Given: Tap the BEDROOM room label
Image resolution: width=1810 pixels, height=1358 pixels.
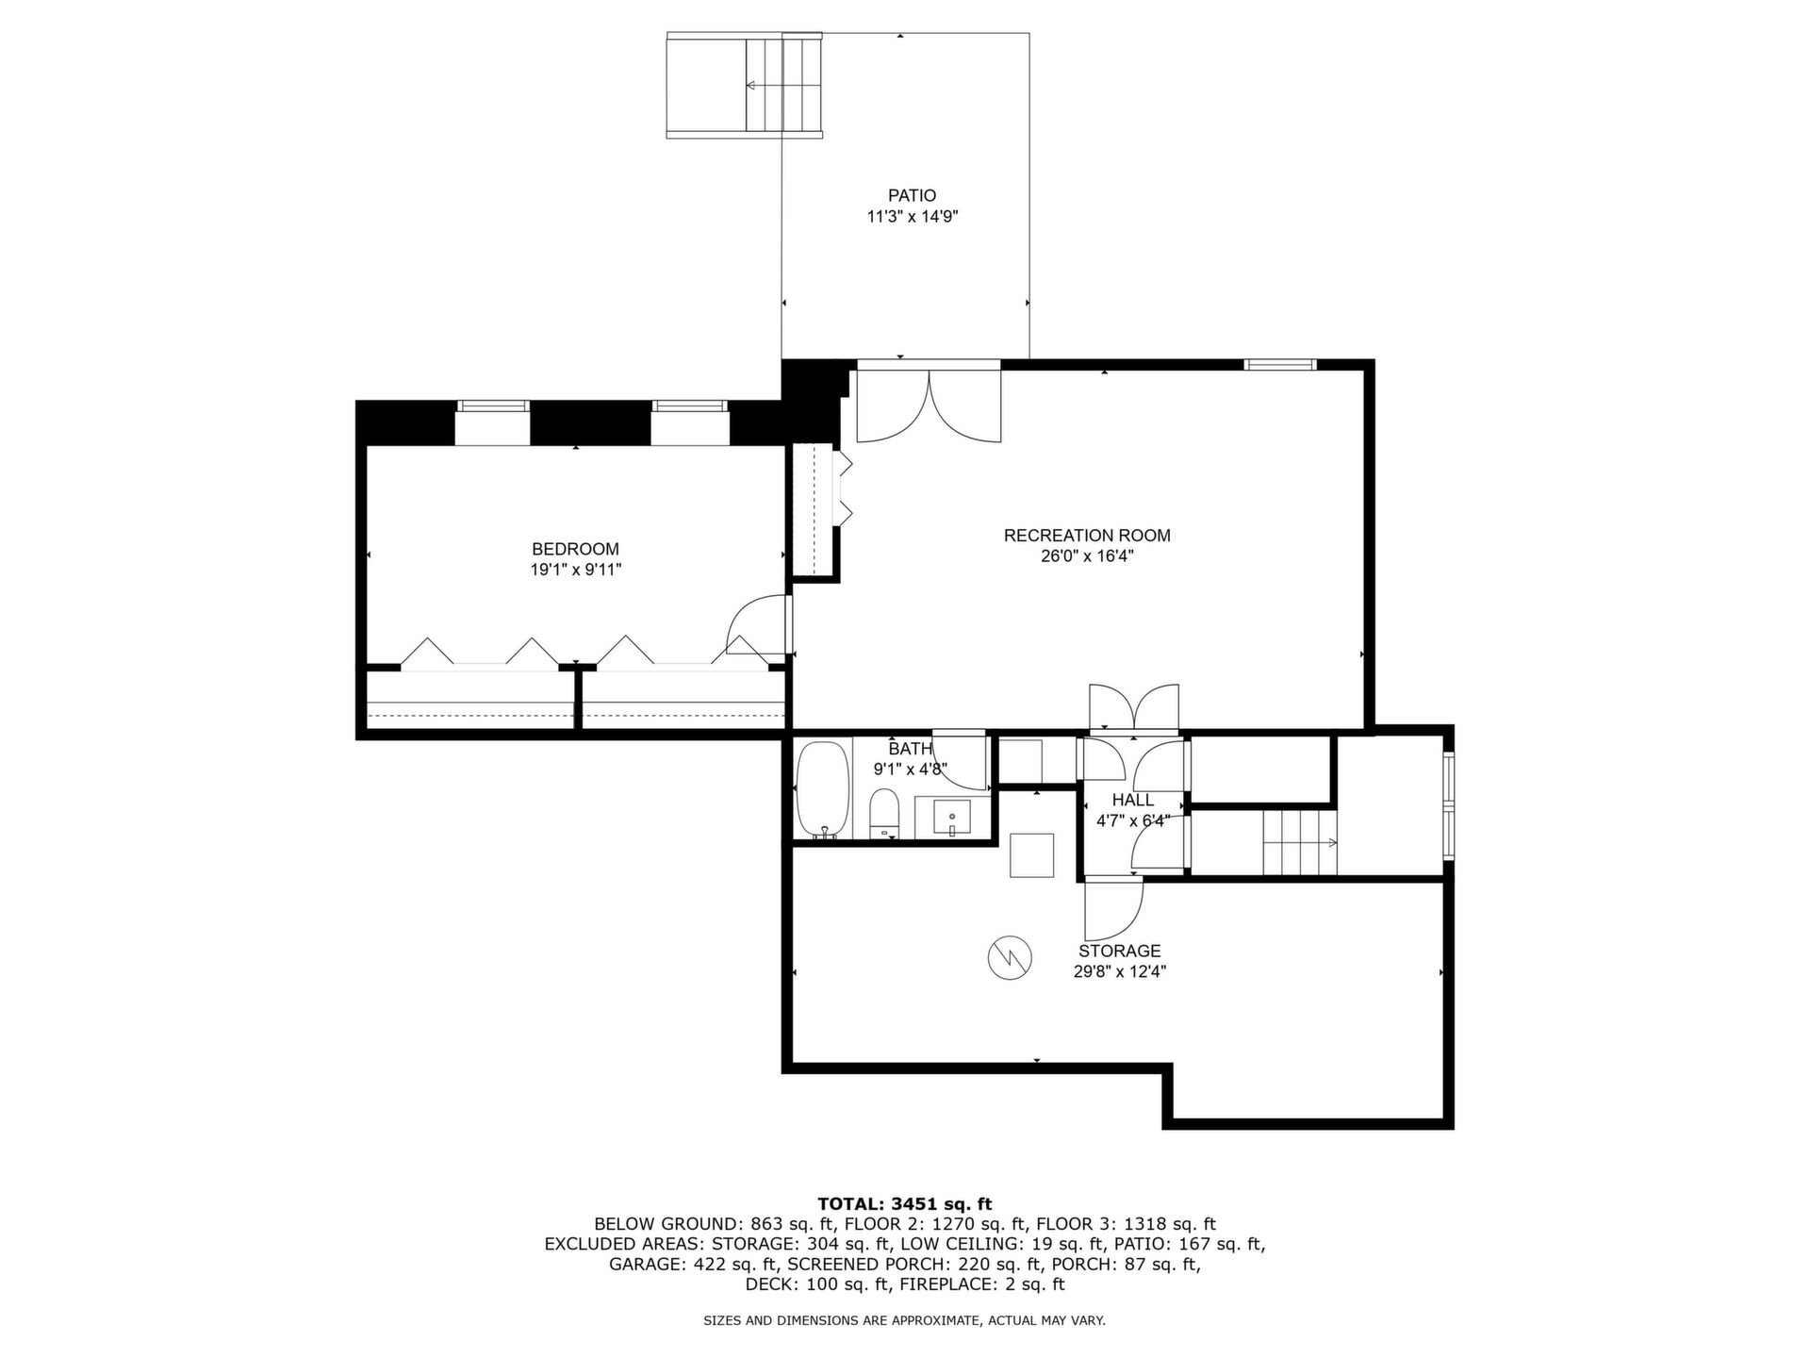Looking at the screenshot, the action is coord(575,549).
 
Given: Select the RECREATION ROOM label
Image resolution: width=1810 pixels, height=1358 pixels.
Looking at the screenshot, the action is coord(1087,536).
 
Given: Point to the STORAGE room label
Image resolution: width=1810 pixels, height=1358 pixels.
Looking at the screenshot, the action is coord(1120,951).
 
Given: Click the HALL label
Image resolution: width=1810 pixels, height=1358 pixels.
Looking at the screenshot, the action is coord(1133,800).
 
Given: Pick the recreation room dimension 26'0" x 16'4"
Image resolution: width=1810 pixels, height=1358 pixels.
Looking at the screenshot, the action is coord(1087,556).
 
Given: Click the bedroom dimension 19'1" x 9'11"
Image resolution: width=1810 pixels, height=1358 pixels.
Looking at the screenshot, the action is coord(575,570).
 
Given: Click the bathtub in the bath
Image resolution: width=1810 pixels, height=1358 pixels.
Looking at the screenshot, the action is coord(824,789).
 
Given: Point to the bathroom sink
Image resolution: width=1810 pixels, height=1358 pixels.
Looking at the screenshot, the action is coord(952,818).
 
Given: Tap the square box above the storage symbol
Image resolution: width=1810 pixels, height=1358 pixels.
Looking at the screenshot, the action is coord(1032,855).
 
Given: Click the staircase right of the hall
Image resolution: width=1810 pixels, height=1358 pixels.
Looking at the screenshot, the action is coord(1300,842).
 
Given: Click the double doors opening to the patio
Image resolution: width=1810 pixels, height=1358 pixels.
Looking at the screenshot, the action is coord(929,405).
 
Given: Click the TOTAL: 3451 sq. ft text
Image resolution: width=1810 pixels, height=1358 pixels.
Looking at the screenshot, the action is coord(904,1203).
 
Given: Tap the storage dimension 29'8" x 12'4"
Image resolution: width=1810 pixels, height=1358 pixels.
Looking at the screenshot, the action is coord(1120,971).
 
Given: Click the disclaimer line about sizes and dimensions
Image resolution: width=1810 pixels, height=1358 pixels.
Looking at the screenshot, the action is coord(904,1321).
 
